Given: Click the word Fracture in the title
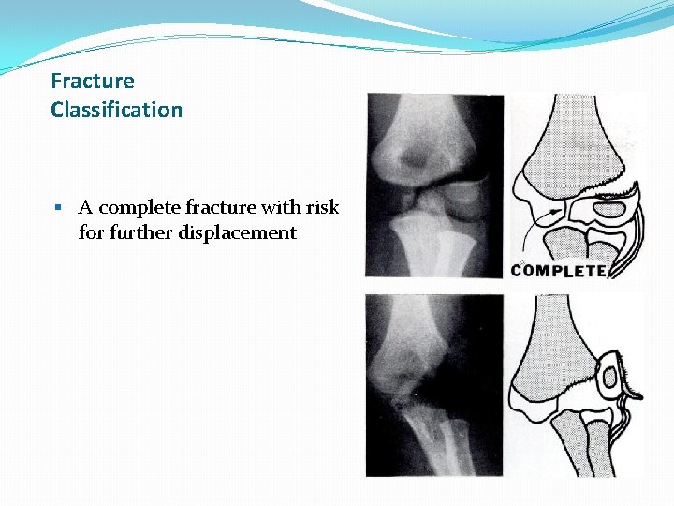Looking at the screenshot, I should coord(93,82).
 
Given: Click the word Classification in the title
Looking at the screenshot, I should coord(116,110).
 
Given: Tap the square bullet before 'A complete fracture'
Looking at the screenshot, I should coord(57,207).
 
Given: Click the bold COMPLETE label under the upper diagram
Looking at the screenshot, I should coord(560,271).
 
